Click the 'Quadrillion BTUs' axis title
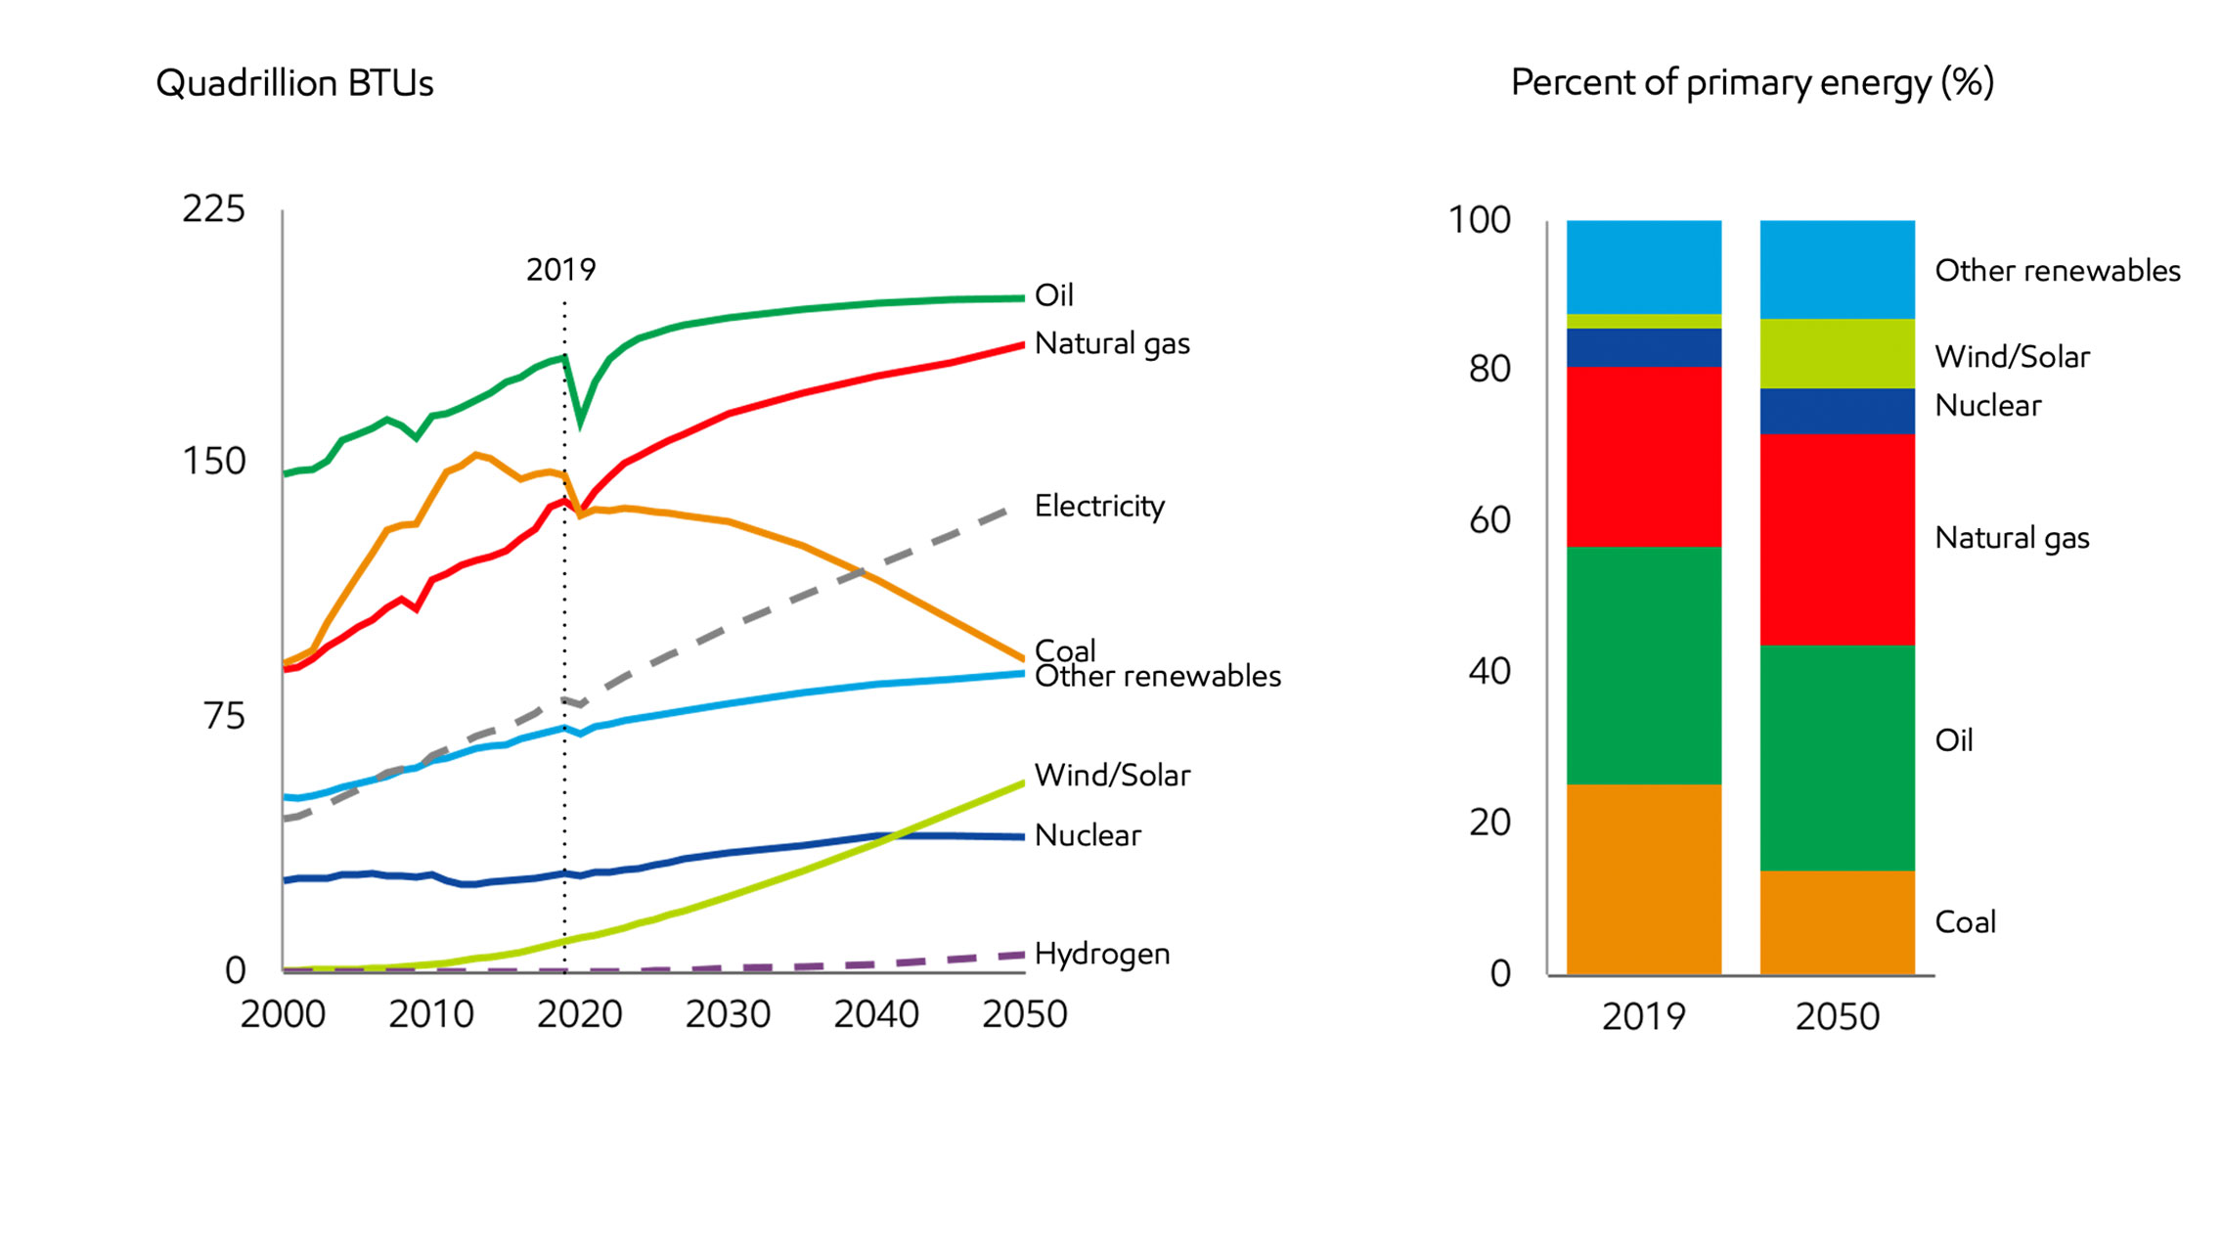coord(294,84)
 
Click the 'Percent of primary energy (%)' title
coord(1752,83)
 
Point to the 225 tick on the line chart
coord(213,209)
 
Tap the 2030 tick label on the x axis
coord(728,1015)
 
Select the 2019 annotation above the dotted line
coord(560,270)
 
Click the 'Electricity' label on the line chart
coord(1099,507)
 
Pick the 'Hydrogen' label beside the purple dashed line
coord(1102,954)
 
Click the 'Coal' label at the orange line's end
coord(1064,649)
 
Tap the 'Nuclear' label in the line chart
coord(1088,835)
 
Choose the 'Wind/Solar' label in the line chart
coord(1112,776)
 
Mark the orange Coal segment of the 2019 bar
coord(1643,878)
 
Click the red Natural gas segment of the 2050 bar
coord(1837,539)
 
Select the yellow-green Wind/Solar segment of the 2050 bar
coord(1837,353)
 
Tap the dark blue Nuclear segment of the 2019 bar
coord(1643,348)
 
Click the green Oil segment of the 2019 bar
coord(1643,665)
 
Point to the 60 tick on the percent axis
coord(1489,520)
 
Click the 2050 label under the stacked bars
coord(1837,1017)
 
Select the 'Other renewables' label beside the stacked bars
coord(2057,271)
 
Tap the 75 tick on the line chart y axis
coord(224,717)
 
